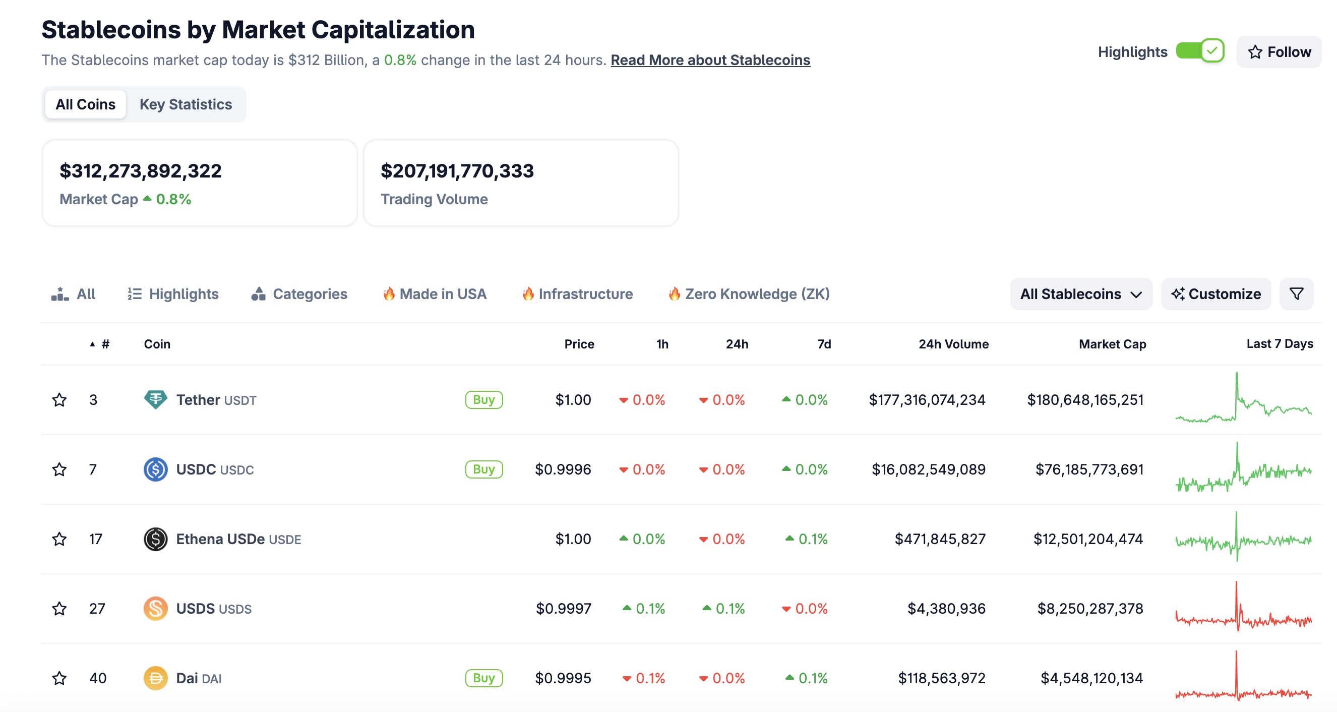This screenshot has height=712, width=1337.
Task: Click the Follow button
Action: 1279,52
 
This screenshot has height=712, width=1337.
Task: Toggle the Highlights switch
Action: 1200,51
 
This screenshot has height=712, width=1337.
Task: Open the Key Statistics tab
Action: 186,104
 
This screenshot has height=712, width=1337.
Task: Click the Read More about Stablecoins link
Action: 710,60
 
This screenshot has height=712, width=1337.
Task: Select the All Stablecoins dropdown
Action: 1080,294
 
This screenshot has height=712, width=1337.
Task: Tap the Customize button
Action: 1216,294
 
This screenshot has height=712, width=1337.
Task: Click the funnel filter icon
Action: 1296,294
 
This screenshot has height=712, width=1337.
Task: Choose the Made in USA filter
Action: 435,294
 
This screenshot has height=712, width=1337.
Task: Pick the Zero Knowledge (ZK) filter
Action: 749,294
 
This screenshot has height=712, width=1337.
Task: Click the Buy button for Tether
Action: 483,400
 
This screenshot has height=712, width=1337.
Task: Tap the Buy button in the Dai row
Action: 483,678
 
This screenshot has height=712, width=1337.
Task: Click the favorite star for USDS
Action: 59,609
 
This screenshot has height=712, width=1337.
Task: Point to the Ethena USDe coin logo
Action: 155,539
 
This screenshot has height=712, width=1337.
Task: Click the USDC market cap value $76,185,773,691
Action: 1089,469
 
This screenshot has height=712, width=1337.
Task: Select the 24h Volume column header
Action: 953,344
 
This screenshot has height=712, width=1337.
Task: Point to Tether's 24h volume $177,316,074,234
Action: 927,400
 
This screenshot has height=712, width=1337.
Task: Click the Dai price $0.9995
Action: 563,678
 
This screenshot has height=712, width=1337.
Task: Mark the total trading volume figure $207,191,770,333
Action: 457,171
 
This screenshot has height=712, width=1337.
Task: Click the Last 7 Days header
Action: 1280,344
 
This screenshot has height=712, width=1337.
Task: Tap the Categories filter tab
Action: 299,294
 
